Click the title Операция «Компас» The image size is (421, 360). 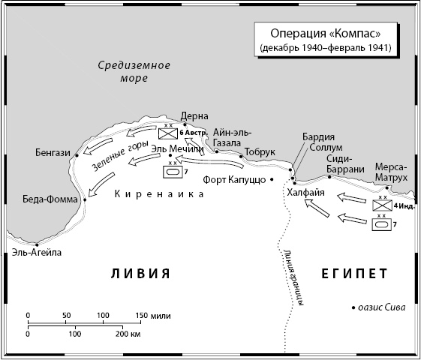pyautogui.click(x=326, y=34)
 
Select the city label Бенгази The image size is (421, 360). pyautogui.click(x=53, y=153)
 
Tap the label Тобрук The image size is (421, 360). pyautogui.click(x=260, y=152)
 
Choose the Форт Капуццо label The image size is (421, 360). pyautogui.click(x=235, y=180)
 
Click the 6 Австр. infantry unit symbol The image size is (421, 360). pyautogui.click(x=168, y=133)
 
